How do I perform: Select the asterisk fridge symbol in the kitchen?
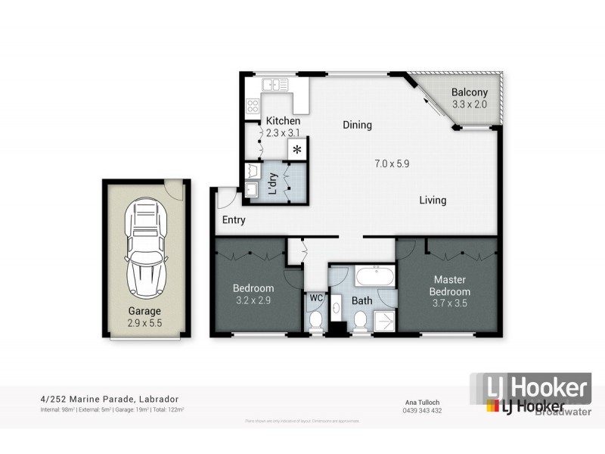pyautogui.click(x=297, y=149)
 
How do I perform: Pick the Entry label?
pyautogui.click(x=234, y=220)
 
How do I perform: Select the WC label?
pyautogui.click(x=315, y=297)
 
